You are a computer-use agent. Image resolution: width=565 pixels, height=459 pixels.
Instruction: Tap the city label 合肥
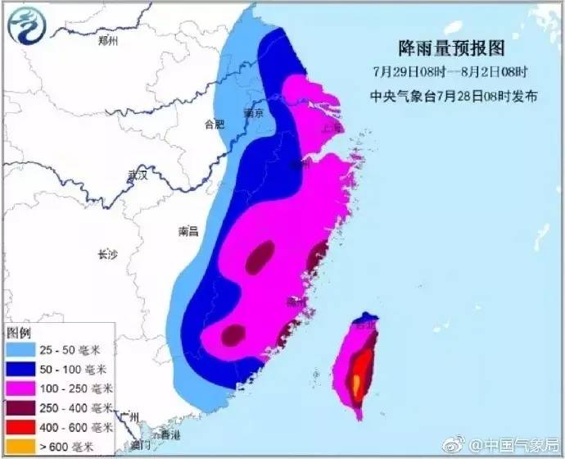coord(214,125)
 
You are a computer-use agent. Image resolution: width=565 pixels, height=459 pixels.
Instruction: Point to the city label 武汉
coord(137,175)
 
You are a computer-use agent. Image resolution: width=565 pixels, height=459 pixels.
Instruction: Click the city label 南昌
coord(188,232)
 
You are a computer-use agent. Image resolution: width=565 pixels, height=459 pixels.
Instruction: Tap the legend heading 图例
coord(18,334)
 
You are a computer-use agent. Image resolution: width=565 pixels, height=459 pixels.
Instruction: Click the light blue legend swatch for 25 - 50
coord(22,350)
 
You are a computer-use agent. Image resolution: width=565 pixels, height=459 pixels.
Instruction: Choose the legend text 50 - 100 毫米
coord(79,369)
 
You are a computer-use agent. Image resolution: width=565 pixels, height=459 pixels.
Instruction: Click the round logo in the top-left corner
coord(25,25)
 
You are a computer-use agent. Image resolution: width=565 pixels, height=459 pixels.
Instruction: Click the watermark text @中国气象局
coord(516,445)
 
